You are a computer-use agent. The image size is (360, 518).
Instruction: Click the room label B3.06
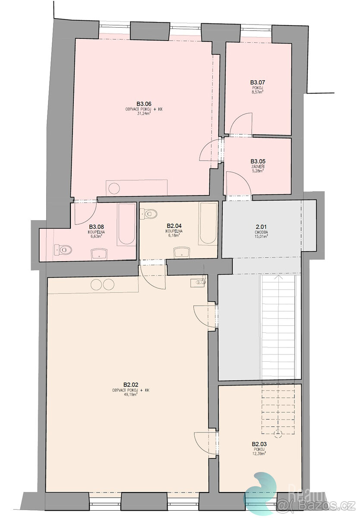point(144,104)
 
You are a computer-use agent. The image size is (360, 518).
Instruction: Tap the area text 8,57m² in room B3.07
point(257,92)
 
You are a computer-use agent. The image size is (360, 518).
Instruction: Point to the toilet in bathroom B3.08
point(64,249)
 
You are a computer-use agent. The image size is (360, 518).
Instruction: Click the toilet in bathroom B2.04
point(150,213)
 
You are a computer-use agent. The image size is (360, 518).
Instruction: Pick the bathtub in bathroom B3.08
point(126,224)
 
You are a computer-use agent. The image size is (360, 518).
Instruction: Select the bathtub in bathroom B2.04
point(208,224)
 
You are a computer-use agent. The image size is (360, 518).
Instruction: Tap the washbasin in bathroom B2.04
point(181,252)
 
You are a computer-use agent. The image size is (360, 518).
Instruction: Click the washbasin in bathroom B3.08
point(100,253)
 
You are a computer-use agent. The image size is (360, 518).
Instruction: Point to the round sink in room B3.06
point(114,189)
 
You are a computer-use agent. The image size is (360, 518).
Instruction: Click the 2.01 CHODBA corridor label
point(261,229)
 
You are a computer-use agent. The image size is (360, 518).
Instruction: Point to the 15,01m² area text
point(261,237)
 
